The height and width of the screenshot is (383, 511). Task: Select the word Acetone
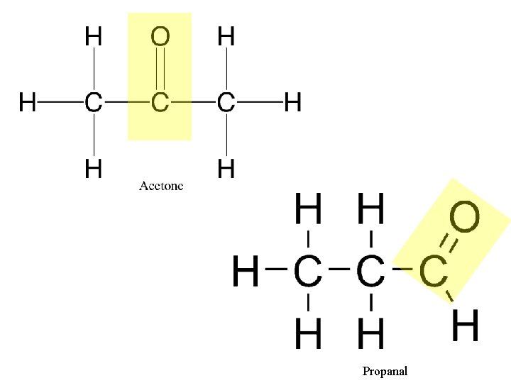coord(161,186)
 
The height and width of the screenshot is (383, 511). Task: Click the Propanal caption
coord(385,371)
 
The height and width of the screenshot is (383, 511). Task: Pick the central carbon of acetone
coord(160,104)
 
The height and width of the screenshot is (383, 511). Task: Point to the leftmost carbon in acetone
coord(92,104)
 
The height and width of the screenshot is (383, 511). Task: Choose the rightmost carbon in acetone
coord(226,104)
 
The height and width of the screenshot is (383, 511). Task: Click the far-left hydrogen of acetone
coord(28,104)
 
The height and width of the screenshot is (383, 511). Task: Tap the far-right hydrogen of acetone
coord(292,104)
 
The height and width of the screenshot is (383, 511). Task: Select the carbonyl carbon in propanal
coord(433,271)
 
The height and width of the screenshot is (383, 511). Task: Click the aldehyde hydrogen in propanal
coord(466,327)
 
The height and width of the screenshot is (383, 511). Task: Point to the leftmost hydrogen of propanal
coord(246,272)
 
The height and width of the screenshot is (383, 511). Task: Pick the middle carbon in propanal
coord(370,271)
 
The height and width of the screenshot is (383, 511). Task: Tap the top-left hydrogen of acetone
coord(92,36)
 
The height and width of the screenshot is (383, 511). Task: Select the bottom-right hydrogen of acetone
coord(226,169)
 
